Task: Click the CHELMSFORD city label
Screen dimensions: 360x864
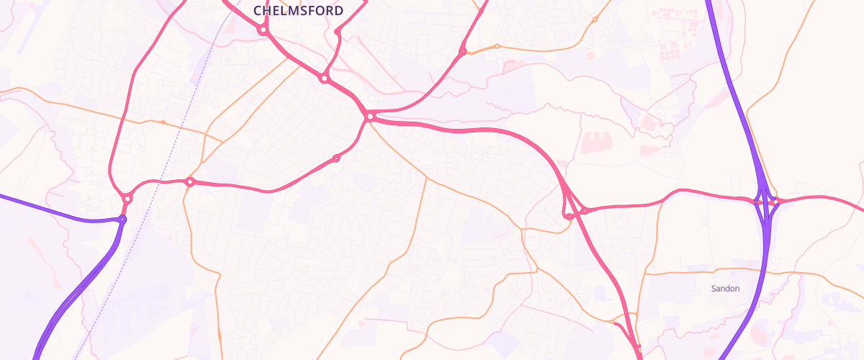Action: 298,11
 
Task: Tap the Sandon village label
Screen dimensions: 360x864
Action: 725,289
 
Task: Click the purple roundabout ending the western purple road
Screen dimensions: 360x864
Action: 122,219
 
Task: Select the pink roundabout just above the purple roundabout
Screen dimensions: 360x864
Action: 127,198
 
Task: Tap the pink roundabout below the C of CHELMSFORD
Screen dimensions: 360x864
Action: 263,30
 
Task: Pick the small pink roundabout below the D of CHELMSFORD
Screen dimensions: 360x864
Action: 337,32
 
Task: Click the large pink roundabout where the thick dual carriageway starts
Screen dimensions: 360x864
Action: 369,116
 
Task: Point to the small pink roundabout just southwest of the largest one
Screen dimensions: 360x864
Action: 336,158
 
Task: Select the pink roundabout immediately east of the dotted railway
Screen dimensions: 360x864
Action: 190,182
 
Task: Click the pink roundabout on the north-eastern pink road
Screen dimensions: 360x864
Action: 462,51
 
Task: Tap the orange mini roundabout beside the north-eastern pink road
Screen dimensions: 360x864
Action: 497,47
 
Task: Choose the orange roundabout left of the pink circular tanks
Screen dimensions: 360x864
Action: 595,19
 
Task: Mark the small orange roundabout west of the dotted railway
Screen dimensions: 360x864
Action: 164,122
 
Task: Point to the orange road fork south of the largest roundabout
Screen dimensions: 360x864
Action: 427,177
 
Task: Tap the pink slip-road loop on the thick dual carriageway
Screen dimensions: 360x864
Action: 569,214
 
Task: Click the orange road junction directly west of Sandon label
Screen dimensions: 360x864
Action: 646,274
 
